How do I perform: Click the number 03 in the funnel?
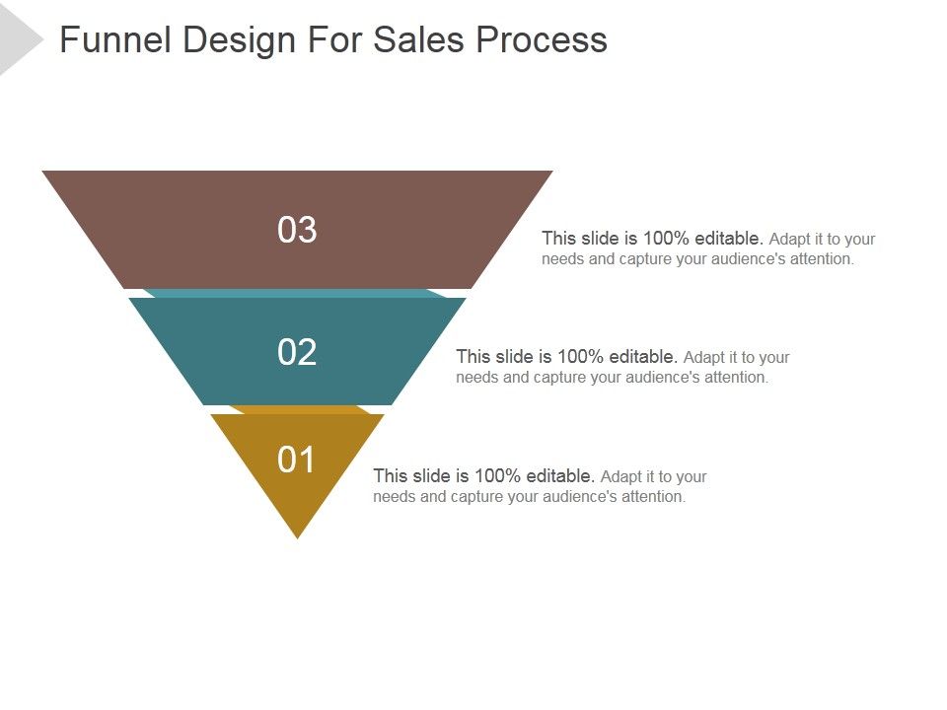297,230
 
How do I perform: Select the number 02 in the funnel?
297,352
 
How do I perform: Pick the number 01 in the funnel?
297,460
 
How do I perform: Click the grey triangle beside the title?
17,40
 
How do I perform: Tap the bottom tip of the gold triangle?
297,536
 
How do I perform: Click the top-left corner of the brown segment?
45,173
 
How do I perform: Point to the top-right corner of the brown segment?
549,173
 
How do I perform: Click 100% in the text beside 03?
669,238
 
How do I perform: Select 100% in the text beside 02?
583,356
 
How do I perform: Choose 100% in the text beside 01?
500,475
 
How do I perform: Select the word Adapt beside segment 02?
703,356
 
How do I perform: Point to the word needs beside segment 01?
395,496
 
